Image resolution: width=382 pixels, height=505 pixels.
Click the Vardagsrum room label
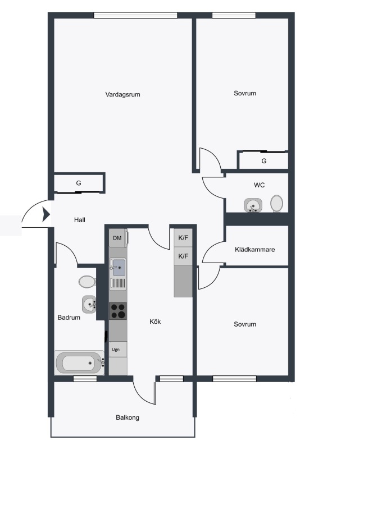pyautogui.click(x=122, y=95)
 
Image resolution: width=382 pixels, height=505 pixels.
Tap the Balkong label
pyautogui.click(x=128, y=417)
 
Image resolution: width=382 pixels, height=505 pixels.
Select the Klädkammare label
pyautogui.click(x=254, y=250)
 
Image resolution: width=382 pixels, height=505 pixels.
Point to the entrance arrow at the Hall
pyautogui.click(x=46, y=214)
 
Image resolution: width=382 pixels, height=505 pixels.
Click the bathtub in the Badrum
pyautogui.click(x=79, y=363)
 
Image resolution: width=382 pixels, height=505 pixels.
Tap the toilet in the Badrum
pyautogui.click(x=87, y=282)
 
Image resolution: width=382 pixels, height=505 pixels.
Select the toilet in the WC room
pyautogui.click(x=276, y=204)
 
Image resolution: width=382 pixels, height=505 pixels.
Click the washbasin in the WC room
pyautogui.click(x=253, y=205)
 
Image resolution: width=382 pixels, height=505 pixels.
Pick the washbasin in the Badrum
pyautogui.click(x=89, y=304)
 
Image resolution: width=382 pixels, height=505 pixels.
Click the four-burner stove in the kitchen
pyautogui.click(x=117, y=311)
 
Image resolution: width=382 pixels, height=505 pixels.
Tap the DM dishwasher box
pyautogui.click(x=117, y=238)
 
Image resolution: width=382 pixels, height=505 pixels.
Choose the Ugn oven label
pyautogui.click(x=116, y=350)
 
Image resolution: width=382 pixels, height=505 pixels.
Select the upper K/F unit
pyautogui.click(x=183, y=238)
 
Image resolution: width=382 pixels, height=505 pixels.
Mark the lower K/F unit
pyautogui.click(x=183, y=256)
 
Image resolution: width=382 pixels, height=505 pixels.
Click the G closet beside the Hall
pyautogui.click(x=79, y=183)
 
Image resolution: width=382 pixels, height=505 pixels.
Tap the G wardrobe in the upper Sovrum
pyautogui.click(x=263, y=160)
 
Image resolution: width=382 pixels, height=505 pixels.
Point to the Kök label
pyautogui.click(x=155, y=322)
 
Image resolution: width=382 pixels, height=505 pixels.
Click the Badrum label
pyautogui.click(x=69, y=318)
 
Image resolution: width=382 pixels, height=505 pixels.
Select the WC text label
pyautogui.click(x=259, y=185)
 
